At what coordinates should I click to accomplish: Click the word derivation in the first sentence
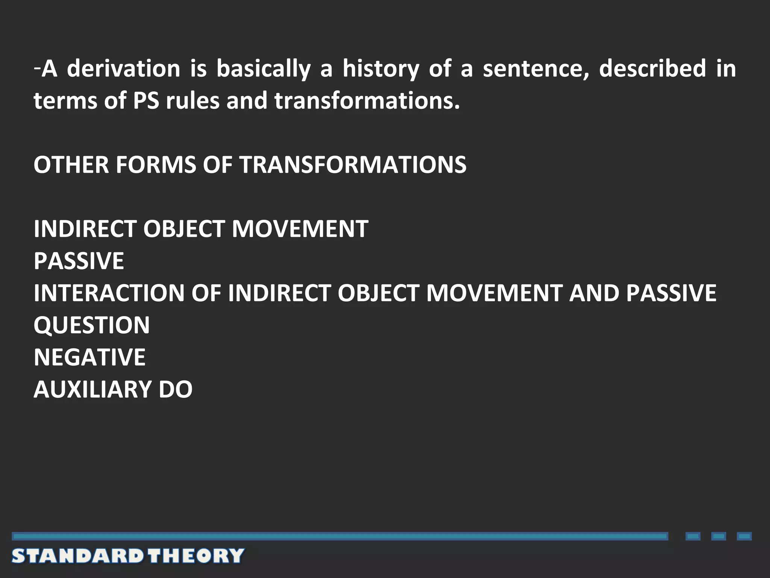pyautogui.click(x=124, y=69)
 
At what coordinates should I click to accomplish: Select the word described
pyautogui.click(x=652, y=69)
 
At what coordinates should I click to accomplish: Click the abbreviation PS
pyautogui.click(x=146, y=101)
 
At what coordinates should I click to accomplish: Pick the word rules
pyautogui.click(x=192, y=101)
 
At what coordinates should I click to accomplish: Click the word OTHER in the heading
pyautogui.click(x=71, y=165)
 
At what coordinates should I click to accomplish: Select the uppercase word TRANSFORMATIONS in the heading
pyautogui.click(x=353, y=165)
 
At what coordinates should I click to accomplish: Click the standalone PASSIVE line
pyautogui.click(x=79, y=261)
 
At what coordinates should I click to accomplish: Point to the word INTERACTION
pyautogui.click(x=109, y=293)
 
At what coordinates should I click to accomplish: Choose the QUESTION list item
pyautogui.click(x=91, y=325)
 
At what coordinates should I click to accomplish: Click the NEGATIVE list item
pyautogui.click(x=89, y=357)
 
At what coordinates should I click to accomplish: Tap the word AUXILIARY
pyautogui.click(x=92, y=389)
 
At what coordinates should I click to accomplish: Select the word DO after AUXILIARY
pyautogui.click(x=176, y=389)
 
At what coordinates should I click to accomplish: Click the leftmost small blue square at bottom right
pyautogui.click(x=693, y=536)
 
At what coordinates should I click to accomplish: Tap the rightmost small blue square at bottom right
pyautogui.click(x=744, y=536)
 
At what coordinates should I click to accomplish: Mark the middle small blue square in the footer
pyautogui.click(x=718, y=536)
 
